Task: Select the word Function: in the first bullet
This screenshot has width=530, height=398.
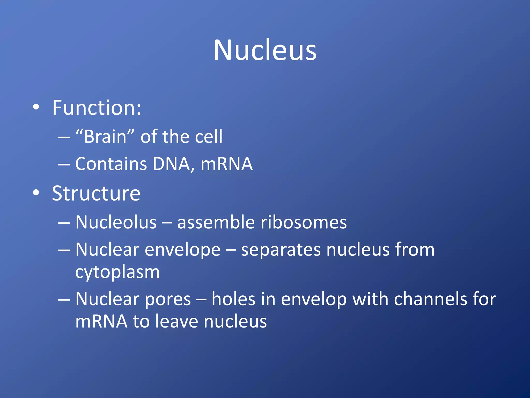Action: pos(97,108)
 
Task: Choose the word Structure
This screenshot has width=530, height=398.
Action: pos(96,194)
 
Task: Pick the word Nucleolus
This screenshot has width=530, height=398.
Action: pos(116,222)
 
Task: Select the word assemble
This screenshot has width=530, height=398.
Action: pos(216,222)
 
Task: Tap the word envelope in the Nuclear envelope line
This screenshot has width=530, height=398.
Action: pos(182,250)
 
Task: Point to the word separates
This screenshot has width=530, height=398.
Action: pos(281,250)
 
